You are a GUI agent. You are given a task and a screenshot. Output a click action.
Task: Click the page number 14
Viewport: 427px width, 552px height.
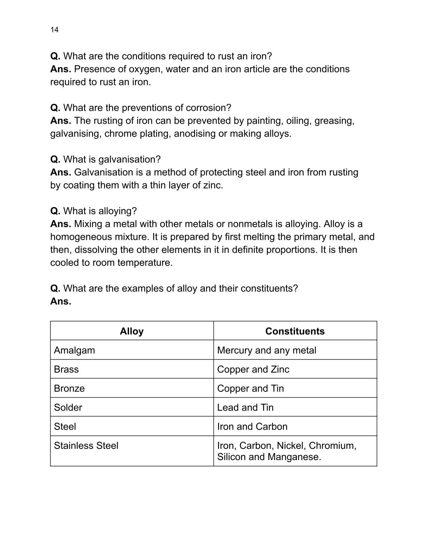54,30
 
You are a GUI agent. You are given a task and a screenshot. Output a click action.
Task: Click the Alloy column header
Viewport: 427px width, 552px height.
132,331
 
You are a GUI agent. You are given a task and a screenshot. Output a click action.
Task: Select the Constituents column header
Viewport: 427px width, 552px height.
295,331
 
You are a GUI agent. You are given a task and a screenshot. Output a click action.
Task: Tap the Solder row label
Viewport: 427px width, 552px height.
68,407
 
